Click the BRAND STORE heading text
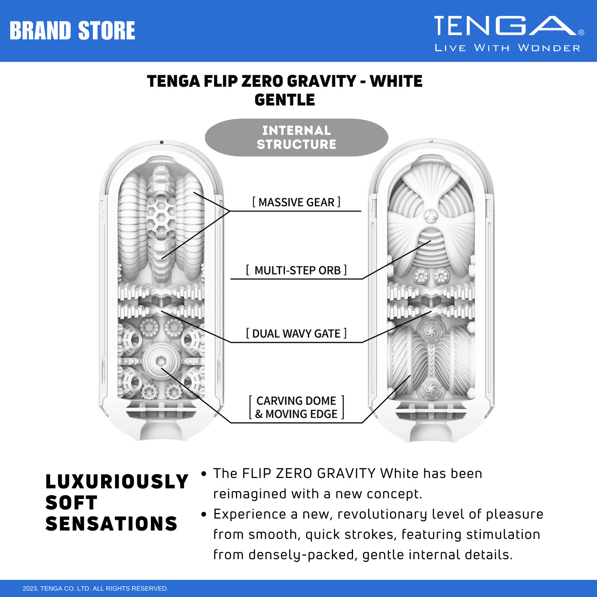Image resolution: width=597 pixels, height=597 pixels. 72,31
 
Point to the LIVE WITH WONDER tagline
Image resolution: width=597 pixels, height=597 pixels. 507,48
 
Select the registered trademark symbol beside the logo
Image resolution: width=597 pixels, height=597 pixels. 581,33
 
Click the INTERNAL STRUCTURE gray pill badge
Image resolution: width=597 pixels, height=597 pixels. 296,137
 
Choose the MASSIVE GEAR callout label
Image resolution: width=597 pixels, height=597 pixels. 296,202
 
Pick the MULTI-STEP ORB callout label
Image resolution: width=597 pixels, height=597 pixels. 296,270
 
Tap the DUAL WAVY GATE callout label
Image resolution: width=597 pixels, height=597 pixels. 296,334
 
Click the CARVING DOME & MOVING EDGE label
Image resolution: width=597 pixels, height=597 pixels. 296,407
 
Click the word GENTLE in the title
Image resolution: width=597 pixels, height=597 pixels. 285,100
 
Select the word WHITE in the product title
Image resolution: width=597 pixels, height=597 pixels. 396,81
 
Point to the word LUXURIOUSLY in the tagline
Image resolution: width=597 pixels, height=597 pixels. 117,482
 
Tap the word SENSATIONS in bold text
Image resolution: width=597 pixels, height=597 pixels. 111,524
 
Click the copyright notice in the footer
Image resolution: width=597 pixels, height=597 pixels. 96,588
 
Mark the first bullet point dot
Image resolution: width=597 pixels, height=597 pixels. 204,474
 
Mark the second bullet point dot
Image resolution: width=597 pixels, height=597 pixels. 204,514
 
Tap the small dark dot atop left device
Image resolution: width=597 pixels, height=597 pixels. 162,142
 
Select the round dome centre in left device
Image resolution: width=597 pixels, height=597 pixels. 161,361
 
